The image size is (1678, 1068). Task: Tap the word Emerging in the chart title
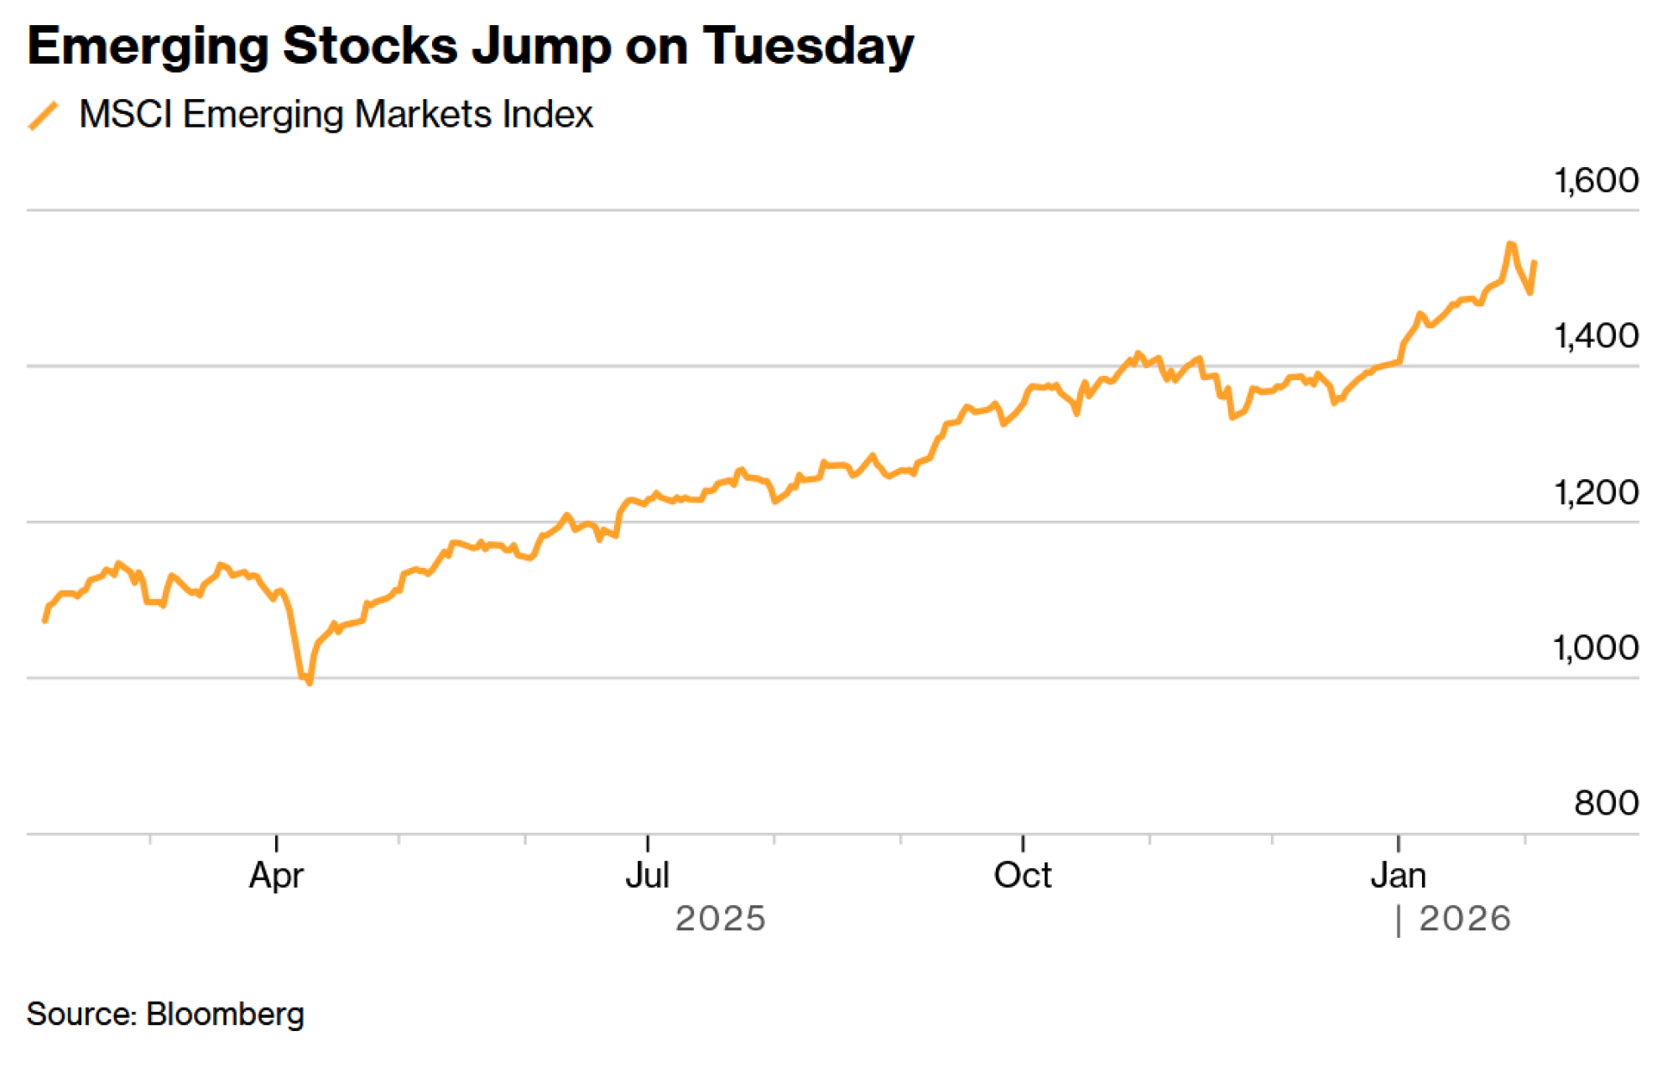point(148,47)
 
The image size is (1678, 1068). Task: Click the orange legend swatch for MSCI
point(44,116)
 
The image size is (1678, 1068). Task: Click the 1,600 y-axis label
point(1596,180)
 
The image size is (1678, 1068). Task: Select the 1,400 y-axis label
point(1596,336)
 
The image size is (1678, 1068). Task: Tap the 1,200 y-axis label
point(1596,492)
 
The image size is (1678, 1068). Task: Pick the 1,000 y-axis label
point(1596,648)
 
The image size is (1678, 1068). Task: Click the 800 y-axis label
point(1606,803)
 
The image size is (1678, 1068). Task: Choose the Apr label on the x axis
point(276,876)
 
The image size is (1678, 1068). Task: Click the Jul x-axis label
point(647,876)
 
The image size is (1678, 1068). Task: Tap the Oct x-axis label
point(1022,876)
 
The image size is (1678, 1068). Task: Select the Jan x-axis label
point(1398,876)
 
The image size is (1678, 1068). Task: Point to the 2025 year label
point(720,920)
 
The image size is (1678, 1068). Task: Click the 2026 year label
point(1464,920)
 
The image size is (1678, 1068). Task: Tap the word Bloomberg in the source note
point(224,1014)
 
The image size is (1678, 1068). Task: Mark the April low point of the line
point(310,683)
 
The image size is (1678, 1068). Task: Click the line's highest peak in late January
point(1509,244)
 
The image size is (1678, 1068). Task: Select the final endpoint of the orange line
point(1535,263)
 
